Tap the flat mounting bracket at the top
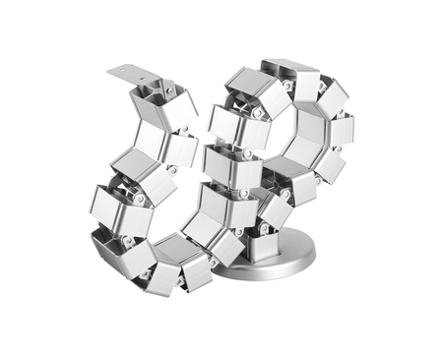pyautogui.click(x=134, y=74)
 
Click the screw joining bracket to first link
pyautogui.click(x=168, y=90)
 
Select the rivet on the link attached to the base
pyautogui.click(x=263, y=229)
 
